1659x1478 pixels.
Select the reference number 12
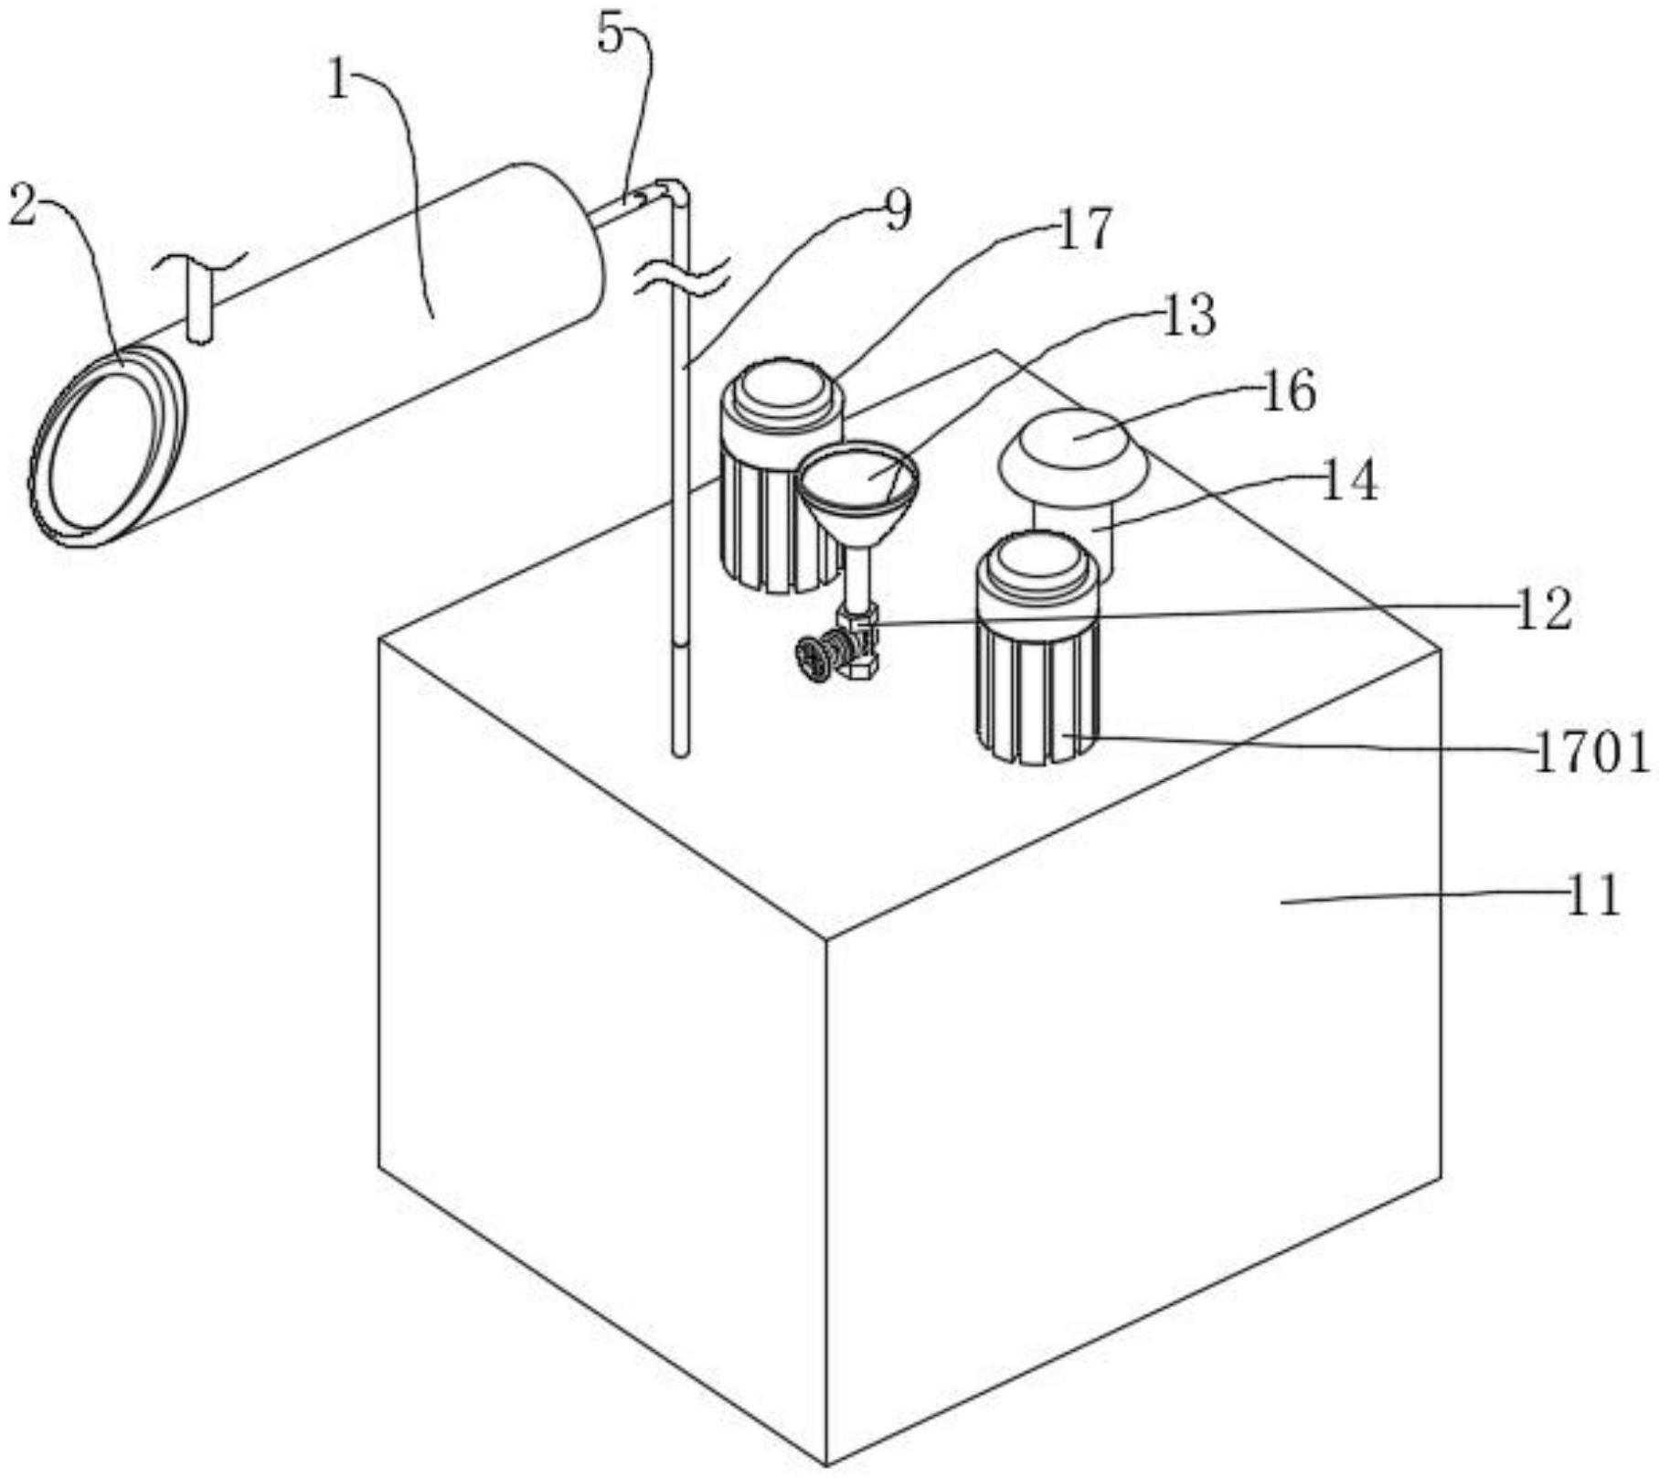pos(1544,609)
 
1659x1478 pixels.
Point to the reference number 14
pos(1348,481)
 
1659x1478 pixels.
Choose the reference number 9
pos(898,210)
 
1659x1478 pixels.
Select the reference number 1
pos(339,81)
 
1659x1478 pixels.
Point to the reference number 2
pos(23,207)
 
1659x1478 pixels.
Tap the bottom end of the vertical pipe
pos(679,751)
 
